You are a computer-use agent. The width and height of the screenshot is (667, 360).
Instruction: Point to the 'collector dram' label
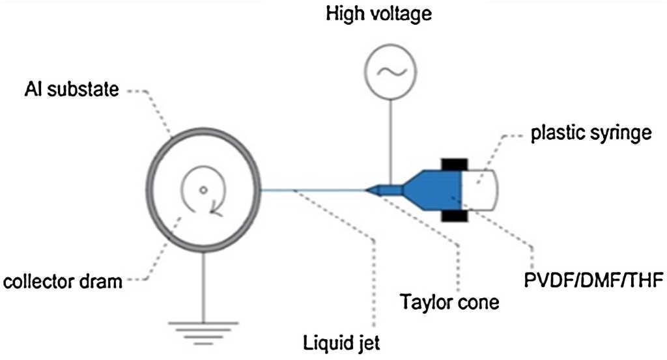pyautogui.click(x=63, y=283)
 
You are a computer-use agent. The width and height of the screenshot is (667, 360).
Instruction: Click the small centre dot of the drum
pyautogui.click(x=203, y=191)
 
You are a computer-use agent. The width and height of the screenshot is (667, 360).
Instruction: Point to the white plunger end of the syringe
pyautogui.click(x=481, y=189)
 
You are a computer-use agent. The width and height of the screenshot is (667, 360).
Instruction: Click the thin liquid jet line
pyautogui.click(x=313, y=191)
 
